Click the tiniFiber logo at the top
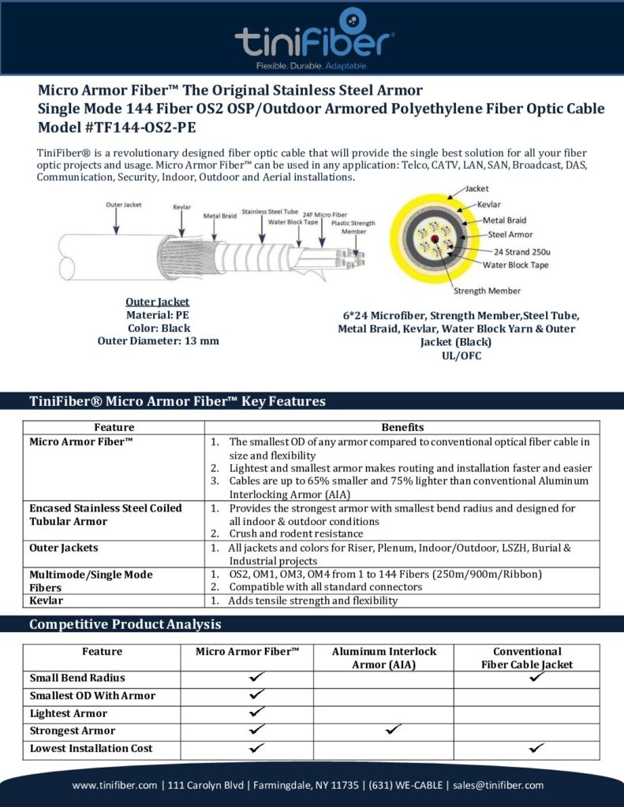pyautogui.click(x=313, y=37)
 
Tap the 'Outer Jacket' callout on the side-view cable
pyautogui.click(x=124, y=205)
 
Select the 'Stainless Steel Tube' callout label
pyautogui.click(x=271, y=211)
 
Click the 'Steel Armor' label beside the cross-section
pyautogui.click(x=510, y=234)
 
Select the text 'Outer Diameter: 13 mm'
pyautogui.click(x=158, y=341)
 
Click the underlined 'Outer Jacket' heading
pyautogui.click(x=158, y=302)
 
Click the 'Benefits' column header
pyautogui.click(x=402, y=427)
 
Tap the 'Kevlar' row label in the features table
pyautogui.click(x=47, y=601)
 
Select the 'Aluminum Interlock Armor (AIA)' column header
pyautogui.click(x=384, y=658)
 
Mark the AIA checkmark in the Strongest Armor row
pyautogui.click(x=393, y=731)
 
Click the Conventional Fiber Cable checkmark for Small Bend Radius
pyautogui.click(x=536, y=677)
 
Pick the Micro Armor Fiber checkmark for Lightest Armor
pyautogui.click(x=256, y=712)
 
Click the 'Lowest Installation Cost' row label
pyautogui.click(x=91, y=748)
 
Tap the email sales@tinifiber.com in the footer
pyautogui.click(x=498, y=785)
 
